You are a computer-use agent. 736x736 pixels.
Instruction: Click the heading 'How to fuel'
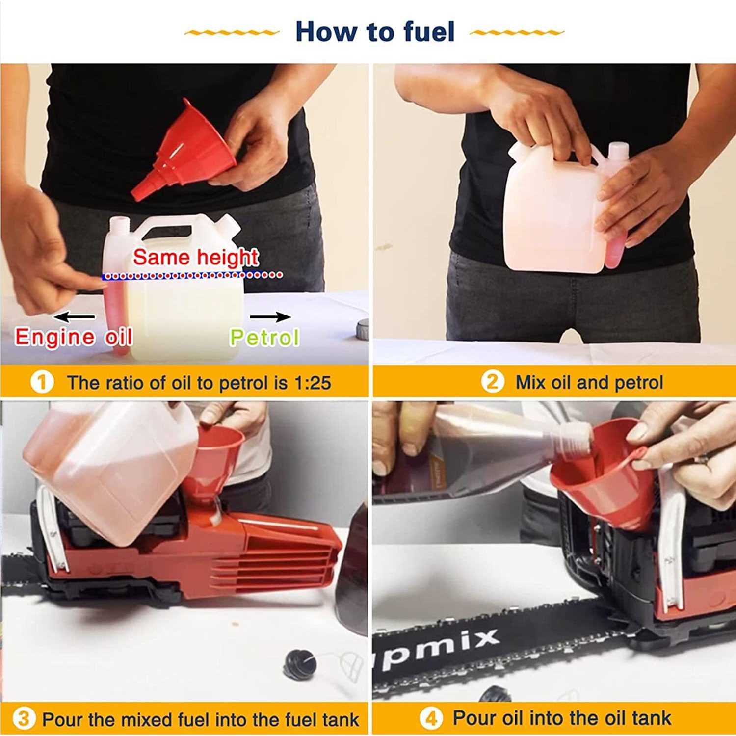375,32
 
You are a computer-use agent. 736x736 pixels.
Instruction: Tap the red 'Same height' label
196,257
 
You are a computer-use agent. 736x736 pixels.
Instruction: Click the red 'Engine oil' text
74,337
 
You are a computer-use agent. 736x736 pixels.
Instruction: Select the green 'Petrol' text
264,337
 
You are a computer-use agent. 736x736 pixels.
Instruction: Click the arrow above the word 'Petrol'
270,316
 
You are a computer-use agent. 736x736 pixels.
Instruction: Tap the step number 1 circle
42,383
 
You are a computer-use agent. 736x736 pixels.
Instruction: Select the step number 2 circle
492,382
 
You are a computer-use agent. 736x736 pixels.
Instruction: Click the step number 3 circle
24,719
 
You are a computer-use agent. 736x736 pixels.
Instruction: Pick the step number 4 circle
431,719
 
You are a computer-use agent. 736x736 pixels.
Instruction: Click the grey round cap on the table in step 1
363,329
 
